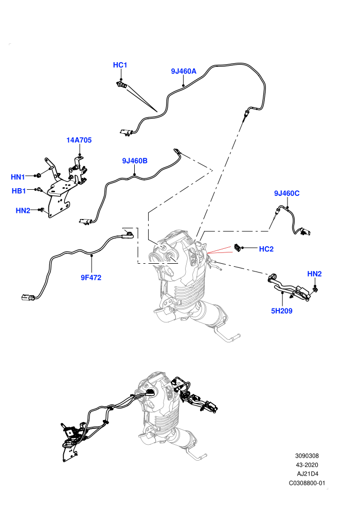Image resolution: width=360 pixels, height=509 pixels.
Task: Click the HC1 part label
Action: coord(120,65)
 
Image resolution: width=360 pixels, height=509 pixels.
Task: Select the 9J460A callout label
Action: coord(184,71)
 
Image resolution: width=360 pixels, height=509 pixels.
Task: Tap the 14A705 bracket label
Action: coord(79,140)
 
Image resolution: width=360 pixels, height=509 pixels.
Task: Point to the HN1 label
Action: coord(18,177)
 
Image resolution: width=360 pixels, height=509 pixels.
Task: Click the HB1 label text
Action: coord(19,191)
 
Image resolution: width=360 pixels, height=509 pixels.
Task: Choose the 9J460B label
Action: coord(135,161)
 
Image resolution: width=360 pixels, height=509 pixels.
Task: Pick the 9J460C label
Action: coord(286,193)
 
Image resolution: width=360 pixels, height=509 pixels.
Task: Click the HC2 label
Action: coord(266,249)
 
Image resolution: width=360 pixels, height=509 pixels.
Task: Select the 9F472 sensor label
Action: coord(91,278)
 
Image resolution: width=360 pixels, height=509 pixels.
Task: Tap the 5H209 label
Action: coord(282,311)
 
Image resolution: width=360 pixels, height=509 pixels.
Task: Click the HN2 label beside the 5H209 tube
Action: coord(314,274)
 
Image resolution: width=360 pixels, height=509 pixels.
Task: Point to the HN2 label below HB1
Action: coord(23,211)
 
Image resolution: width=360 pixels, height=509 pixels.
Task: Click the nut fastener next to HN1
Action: coord(38,176)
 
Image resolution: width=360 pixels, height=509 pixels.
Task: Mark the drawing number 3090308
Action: coord(307,456)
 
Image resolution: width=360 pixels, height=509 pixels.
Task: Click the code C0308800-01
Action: coord(307,483)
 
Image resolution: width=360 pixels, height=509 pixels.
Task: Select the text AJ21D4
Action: coord(307,474)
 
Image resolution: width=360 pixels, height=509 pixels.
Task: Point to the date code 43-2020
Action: coord(307,465)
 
